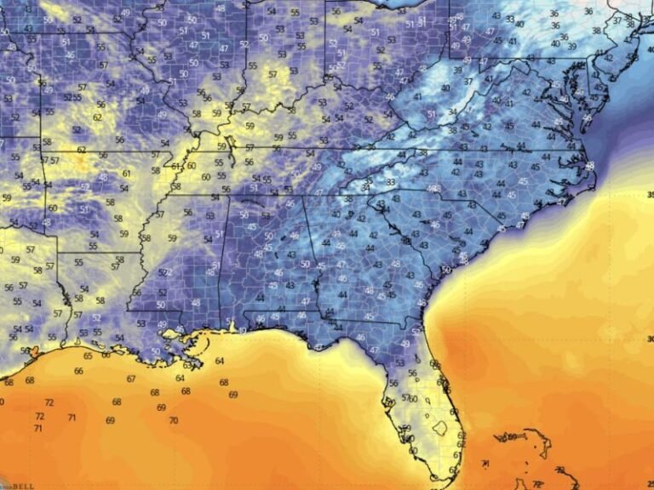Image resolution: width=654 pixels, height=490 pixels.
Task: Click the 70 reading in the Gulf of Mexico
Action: coord(173,420)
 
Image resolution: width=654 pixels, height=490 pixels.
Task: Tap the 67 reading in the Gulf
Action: coord(130,379)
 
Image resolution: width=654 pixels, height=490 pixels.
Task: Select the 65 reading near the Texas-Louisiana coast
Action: coord(88,356)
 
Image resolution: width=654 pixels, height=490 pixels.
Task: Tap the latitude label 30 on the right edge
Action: coord(650,339)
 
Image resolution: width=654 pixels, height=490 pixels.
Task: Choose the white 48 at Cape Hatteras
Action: coord(591,165)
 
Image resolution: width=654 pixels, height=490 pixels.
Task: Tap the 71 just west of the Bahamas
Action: coord(485,464)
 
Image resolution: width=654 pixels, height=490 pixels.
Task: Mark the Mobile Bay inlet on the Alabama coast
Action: coord(232,324)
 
